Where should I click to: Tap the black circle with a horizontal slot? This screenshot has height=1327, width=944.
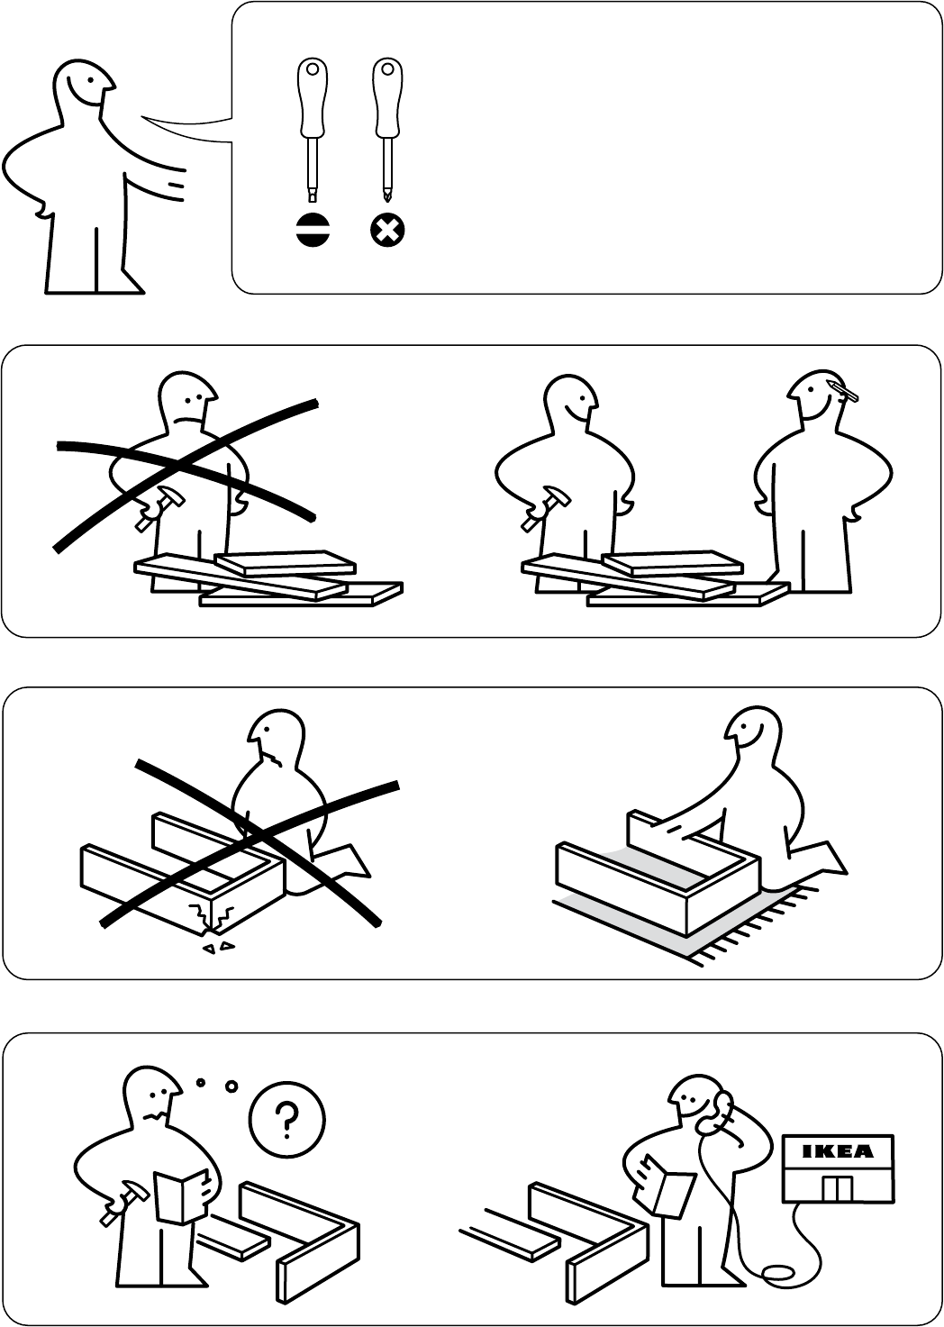(313, 231)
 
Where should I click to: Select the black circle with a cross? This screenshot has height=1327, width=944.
(388, 231)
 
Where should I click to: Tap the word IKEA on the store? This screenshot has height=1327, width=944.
(838, 1151)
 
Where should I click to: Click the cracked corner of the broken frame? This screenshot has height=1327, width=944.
(212, 922)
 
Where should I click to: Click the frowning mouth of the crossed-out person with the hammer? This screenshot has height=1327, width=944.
(188, 421)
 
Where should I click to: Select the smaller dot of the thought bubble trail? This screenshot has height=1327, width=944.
(200, 1082)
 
